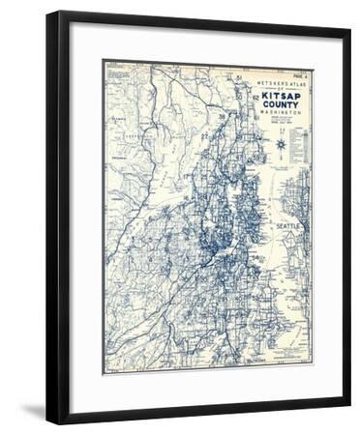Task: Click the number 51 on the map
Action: tap(236, 76)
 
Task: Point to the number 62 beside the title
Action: tap(255, 98)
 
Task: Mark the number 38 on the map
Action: tap(222, 117)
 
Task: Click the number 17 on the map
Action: tap(185, 176)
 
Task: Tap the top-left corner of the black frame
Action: tap(47, 13)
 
